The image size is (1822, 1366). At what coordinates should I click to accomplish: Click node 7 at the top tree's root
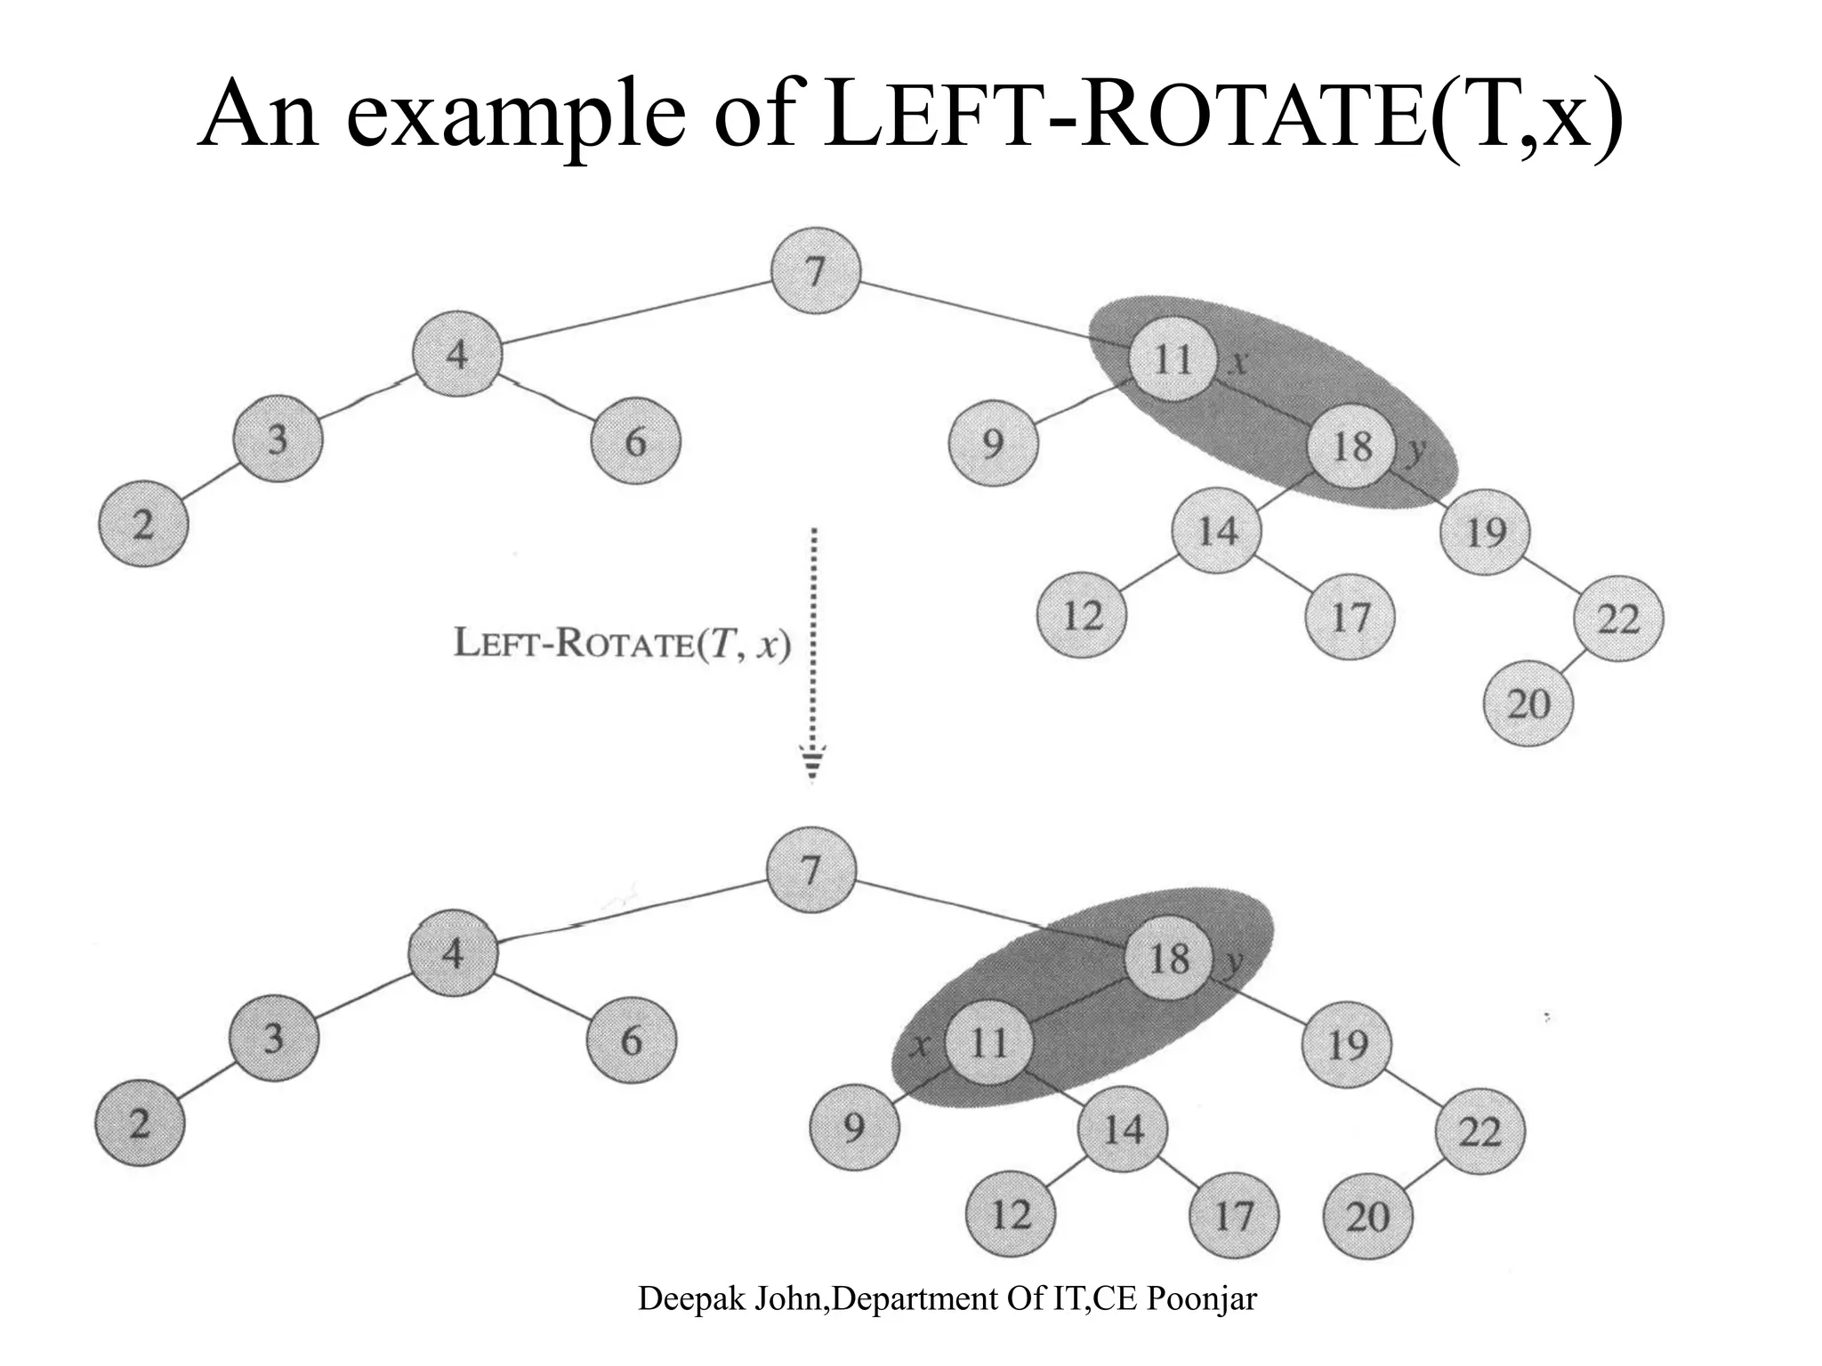click(x=815, y=271)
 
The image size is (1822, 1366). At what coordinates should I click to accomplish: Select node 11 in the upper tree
click(x=1173, y=359)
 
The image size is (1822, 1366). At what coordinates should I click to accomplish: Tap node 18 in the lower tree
click(x=1169, y=958)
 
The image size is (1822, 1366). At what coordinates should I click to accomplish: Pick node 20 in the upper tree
click(x=1528, y=703)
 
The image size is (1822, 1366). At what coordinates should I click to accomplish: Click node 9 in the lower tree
click(x=854, y=1127)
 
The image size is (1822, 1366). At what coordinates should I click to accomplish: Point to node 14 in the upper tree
click(x=1217, y=531)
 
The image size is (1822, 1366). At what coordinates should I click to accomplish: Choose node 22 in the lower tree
click(x=1480, y=1131)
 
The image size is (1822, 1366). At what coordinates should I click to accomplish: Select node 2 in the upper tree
click(x=143, y=524)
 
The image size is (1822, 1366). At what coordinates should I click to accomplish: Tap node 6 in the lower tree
click(x=632, y=1040)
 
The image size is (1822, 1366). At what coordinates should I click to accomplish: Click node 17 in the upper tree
click(x=1350, y=616)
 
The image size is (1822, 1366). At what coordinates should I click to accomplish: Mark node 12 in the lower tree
click(x=1011, y=1214)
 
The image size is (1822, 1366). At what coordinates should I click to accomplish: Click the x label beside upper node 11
click(x=1238, y=361)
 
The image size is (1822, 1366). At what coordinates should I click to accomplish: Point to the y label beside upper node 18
click(x=1415, y=451)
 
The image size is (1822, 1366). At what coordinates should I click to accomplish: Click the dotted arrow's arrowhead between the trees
click(x=812, y=763)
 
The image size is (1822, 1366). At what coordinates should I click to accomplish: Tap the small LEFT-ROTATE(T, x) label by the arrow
click(x=622, y=643)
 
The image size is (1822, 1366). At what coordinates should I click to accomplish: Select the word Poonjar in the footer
click(x=1201, y=1298)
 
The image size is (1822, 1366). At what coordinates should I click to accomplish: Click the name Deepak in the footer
click(x=691, y=1298)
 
